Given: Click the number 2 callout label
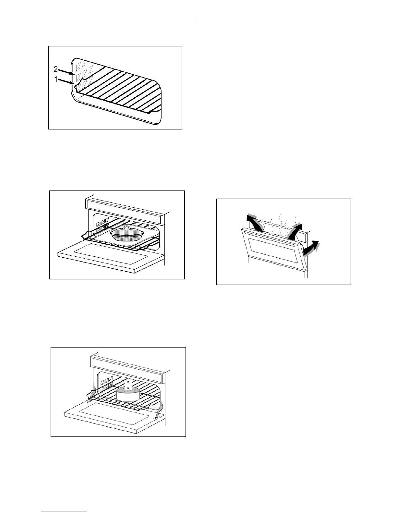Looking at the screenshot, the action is coord(55,69).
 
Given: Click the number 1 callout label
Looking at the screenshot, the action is coord(56,79).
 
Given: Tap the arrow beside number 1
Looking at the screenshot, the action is coord(66,82).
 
